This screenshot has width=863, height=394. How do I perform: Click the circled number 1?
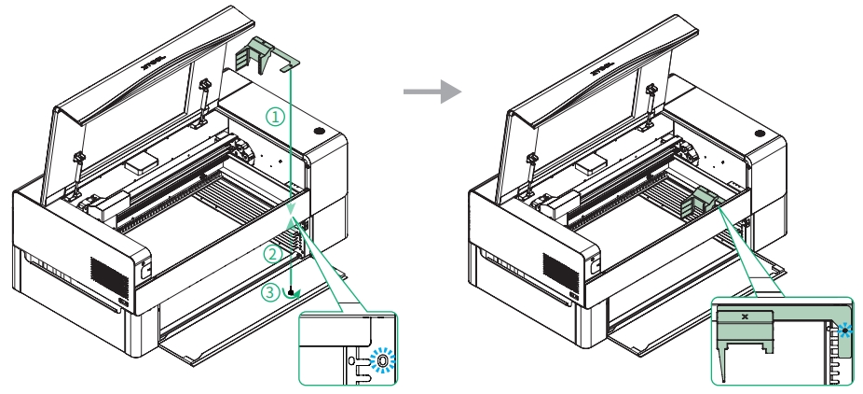(274, 117)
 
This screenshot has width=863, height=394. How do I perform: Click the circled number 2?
(271, 252)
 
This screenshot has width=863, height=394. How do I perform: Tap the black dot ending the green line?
(291, 291)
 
